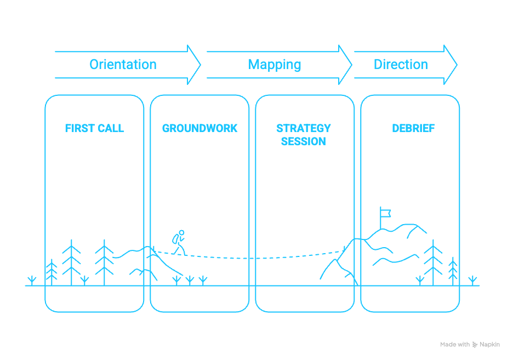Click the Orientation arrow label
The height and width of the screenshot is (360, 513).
[123, 65]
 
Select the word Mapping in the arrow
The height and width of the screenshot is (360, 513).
[275, 65]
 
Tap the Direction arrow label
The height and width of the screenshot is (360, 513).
[401, 65]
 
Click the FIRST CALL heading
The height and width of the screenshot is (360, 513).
[94, 129]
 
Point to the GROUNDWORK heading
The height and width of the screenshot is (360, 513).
[200, 129]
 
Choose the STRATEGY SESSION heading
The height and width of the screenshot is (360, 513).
[304, 135]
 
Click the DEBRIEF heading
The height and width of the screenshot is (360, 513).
[413, 129]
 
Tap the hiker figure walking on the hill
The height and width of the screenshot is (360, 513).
[179, 242]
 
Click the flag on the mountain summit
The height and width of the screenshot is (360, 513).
[385, 211]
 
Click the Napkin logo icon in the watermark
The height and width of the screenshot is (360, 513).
[475, 345]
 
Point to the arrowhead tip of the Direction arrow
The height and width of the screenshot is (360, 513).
[457, 65]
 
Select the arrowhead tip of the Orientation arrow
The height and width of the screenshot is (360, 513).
[201, 65]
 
